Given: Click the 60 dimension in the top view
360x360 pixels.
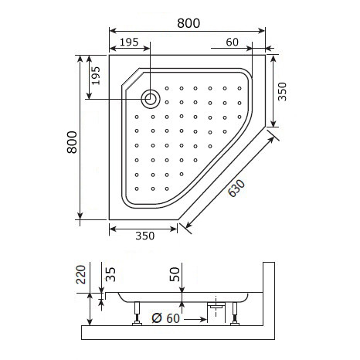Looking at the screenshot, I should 232,42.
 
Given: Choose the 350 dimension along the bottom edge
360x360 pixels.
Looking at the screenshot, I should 144,236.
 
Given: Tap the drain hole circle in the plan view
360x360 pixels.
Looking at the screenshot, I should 151,98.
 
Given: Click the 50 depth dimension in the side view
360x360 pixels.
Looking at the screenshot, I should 175,273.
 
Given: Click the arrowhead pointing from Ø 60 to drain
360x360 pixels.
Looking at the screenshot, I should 203,315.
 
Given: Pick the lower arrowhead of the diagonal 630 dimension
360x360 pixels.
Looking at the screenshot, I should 183,226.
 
